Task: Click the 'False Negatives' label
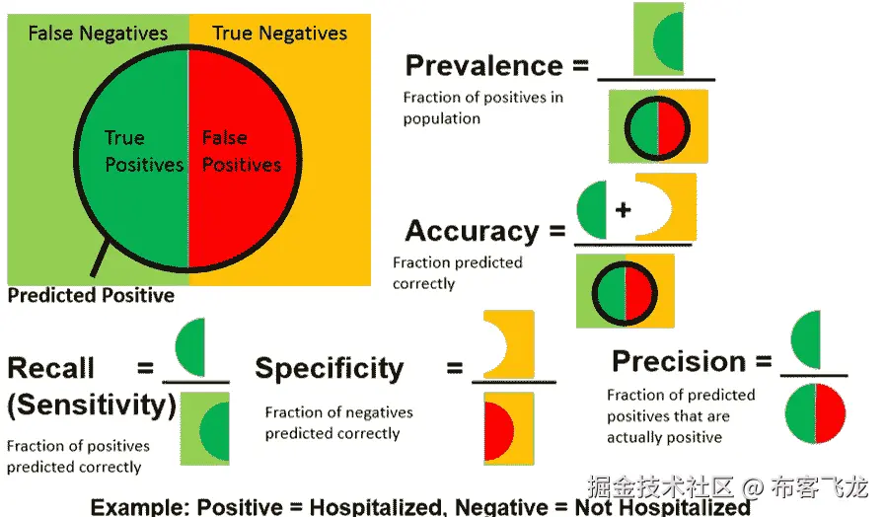[x=98, y=34]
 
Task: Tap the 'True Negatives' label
[x=280, y=34]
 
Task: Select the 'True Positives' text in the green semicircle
[x=144, y=151]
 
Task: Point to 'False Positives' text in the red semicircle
[x=241, y=151]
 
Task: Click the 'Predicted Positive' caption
[x=91, y=295]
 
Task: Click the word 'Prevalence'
[x=483, y=66]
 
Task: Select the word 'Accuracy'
[x=472, y=231]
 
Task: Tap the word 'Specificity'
[x=330, y=369]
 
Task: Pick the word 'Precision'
[x=679, y=361]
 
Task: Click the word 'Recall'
[x=51, y=369]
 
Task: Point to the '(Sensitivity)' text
[x=92, y=405]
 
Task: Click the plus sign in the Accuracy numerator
[x=623, y=210]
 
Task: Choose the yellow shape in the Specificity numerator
[x=511, y=344]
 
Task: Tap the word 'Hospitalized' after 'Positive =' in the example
[x=374, y=507]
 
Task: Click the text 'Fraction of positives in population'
[x=482, y=109]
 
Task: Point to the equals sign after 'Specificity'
[x=455, y=369]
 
